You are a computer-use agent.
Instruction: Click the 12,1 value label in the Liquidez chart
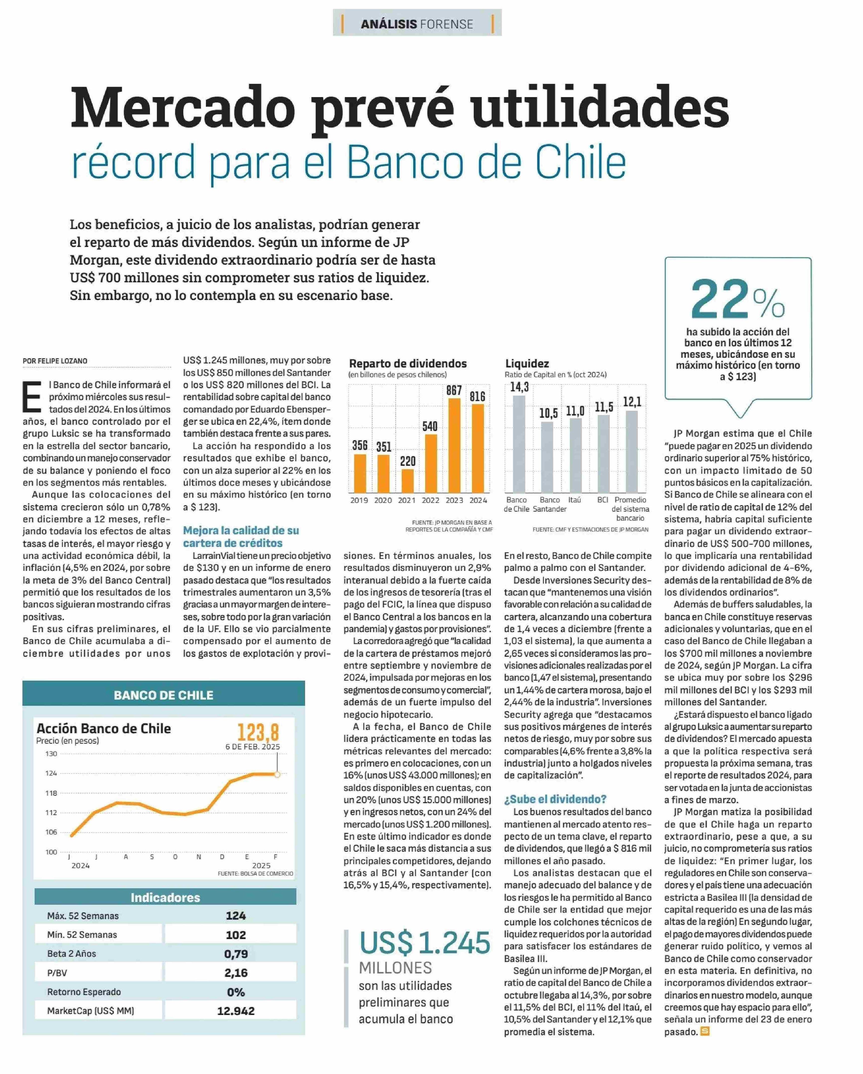(x=632, y=402)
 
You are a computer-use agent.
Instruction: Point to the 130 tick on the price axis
(x=51, y=754)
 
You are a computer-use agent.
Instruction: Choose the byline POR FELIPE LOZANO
(x=55, y=361)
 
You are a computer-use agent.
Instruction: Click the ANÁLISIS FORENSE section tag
(x=417, y=24)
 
